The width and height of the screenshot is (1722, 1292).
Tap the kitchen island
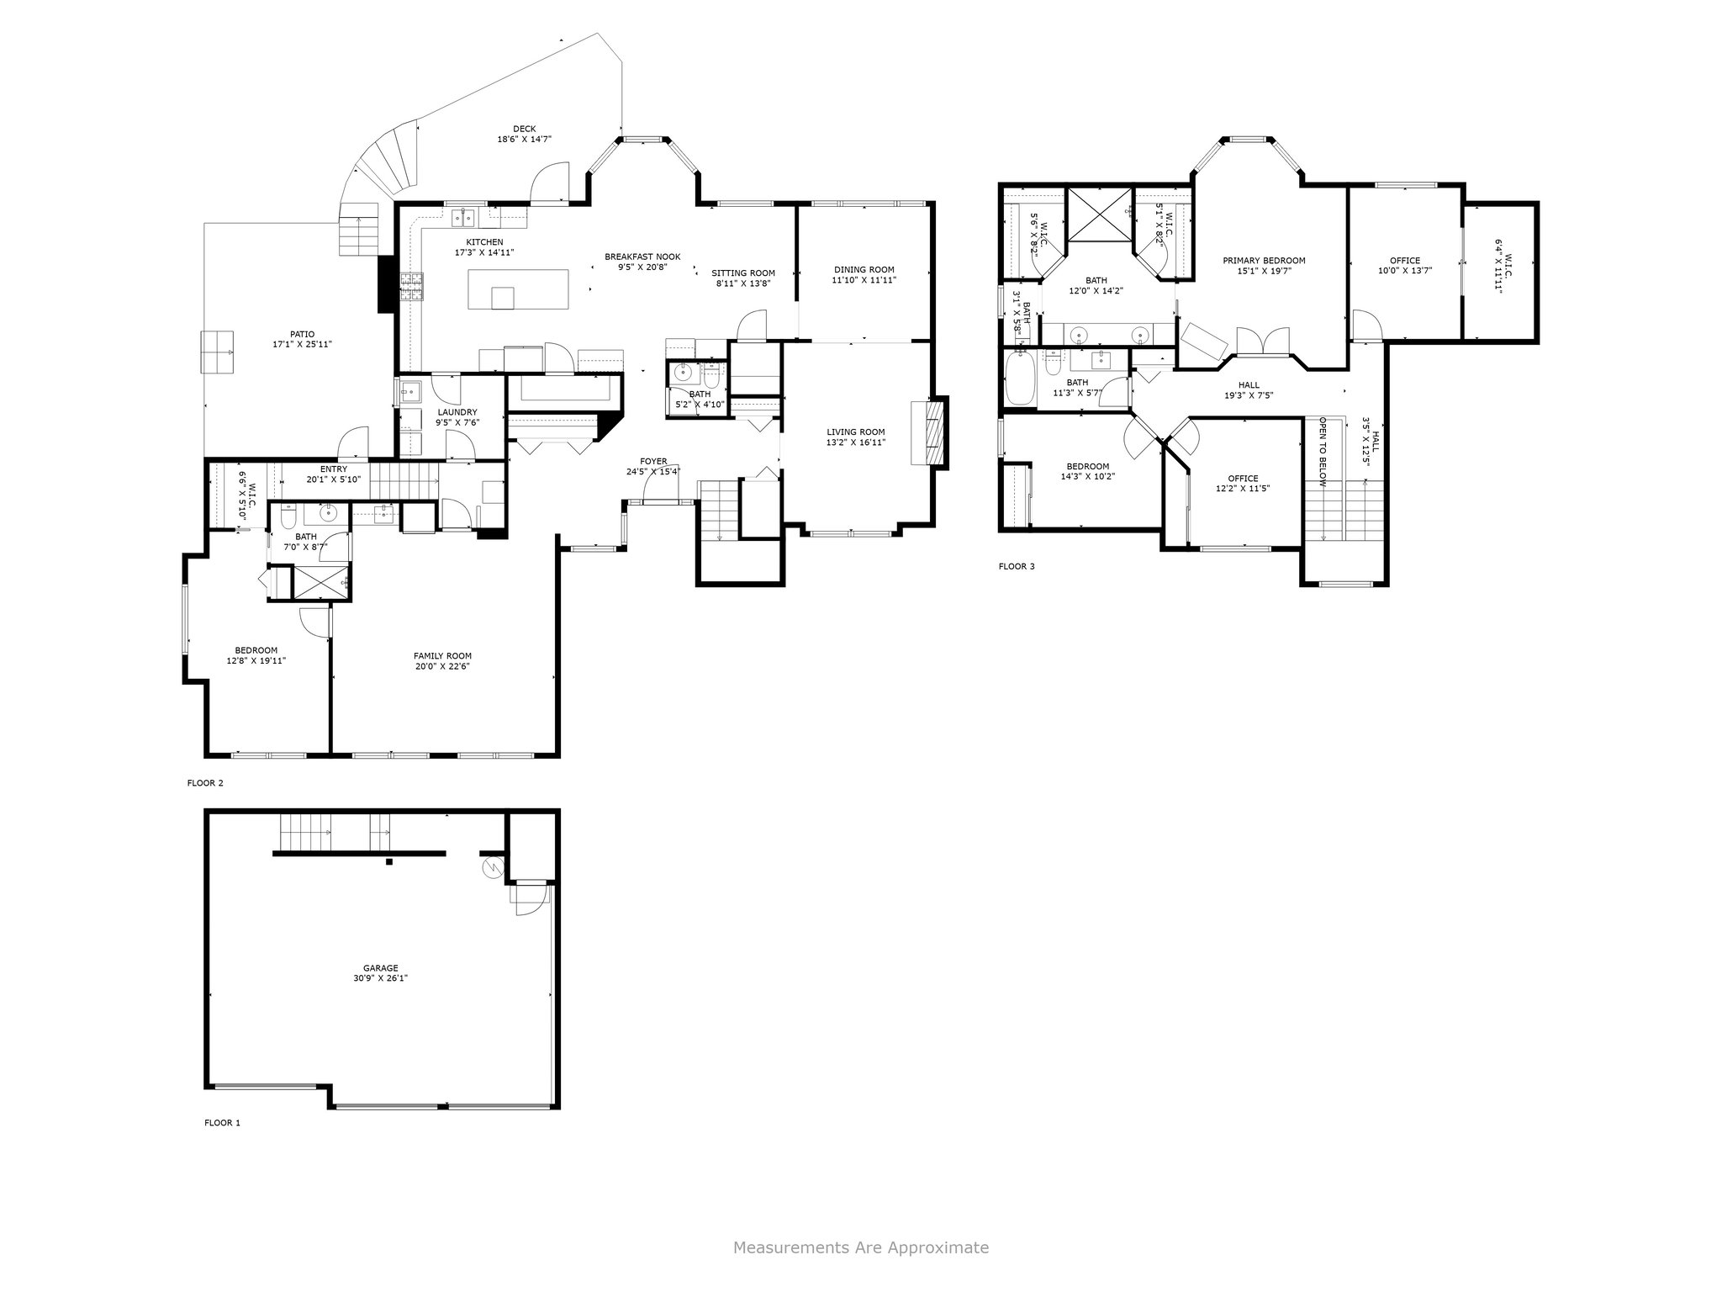point(518,289)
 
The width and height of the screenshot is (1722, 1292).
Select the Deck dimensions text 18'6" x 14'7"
point(524,140)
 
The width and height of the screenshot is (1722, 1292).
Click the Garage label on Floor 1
point(381,968)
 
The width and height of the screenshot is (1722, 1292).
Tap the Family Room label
point(442,656)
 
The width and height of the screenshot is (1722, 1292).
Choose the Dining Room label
point(864,269)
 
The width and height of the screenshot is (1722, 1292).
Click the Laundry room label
point(457,412)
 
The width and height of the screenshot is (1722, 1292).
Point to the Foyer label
point(653,461)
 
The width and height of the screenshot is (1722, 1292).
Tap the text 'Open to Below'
point(1323,453)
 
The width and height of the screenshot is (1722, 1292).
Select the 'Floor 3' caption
point(1017,566)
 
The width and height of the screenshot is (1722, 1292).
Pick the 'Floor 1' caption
point(222,1122)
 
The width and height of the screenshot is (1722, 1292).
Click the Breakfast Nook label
point(642,257)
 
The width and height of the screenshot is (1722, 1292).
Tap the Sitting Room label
point(743,273)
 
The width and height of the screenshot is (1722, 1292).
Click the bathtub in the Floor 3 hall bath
point(1020,379)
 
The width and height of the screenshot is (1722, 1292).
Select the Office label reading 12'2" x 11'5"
point(1243,483)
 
